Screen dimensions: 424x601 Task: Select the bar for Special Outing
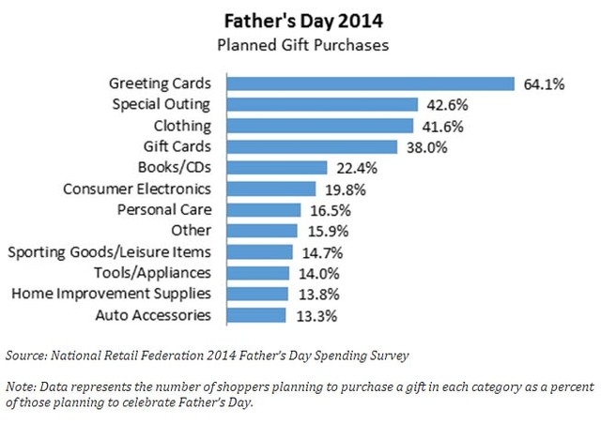[x=324, y=104]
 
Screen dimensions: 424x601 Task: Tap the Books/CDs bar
[x=279, y=168]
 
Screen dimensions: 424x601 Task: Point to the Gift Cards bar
[x=314, y=146]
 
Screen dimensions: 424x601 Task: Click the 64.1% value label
[x=543, y=83]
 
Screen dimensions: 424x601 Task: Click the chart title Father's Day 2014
[x=301, y=20]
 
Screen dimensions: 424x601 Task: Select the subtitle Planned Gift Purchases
[x=300, y=42]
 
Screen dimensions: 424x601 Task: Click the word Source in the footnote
[x=29, y=355]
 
